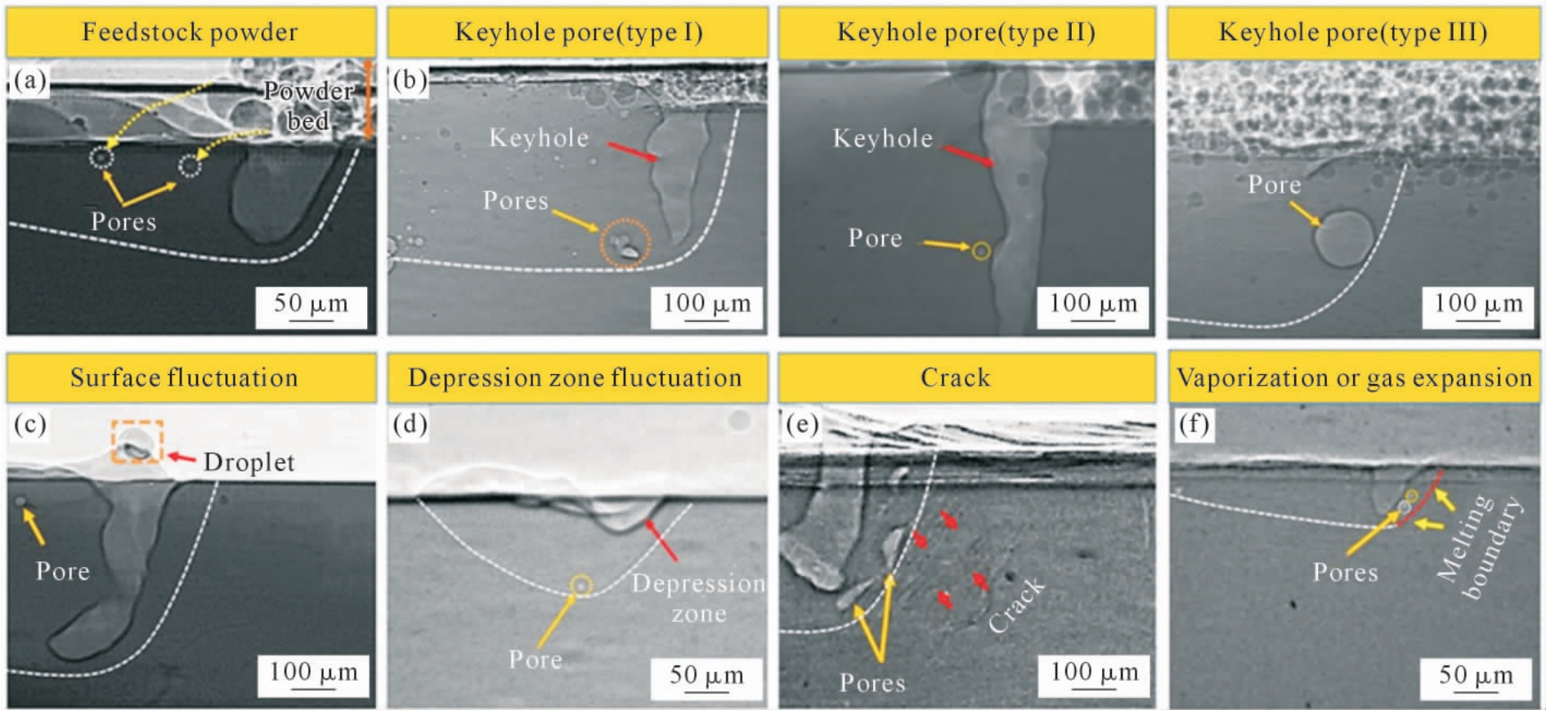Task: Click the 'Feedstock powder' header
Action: tap(190, 32)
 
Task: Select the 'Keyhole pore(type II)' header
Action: tap(966, 32)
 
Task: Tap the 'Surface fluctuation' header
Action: tap(184, 377)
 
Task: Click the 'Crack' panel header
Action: tap(955, 377)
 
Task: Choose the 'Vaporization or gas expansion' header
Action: tap(1354, 377)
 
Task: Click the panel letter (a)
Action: tap(30, 80)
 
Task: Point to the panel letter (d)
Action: tap(410, 425)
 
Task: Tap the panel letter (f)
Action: tap(1194, 425)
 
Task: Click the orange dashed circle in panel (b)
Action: tap(626, 243)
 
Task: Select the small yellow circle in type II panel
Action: tap(981, 251)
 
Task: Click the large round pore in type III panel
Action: tap(1343, 238)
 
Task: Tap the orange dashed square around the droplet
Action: tap(137, 442)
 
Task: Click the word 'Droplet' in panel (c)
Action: tap(249, 462)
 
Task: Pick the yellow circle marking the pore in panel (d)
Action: tap(581, 585)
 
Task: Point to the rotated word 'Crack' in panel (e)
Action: tap(1016, 605)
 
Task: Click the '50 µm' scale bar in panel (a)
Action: tap(311, 306)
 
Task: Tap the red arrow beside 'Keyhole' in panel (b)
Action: tap(632, 152)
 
